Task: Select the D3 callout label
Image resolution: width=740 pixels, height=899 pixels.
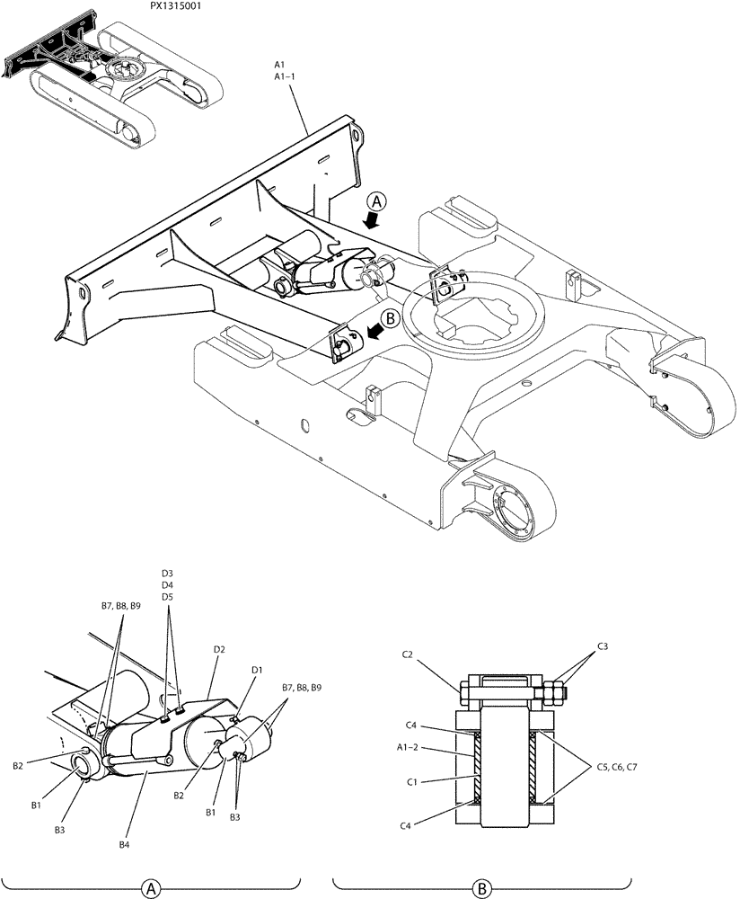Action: click(x=168, y=573)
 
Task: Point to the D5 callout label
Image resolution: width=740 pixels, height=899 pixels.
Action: click(x=168, y=597)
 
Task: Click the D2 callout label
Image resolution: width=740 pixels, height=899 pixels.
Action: click(x=219, y=649)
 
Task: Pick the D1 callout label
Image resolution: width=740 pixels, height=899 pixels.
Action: click(x=257, y=670)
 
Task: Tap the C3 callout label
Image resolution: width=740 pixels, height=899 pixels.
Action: click(x=603, y=646)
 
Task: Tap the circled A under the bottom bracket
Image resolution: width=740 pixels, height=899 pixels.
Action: click(x=149, y=888)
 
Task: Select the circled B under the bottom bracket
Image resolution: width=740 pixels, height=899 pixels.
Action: click(x=481, y=888)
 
